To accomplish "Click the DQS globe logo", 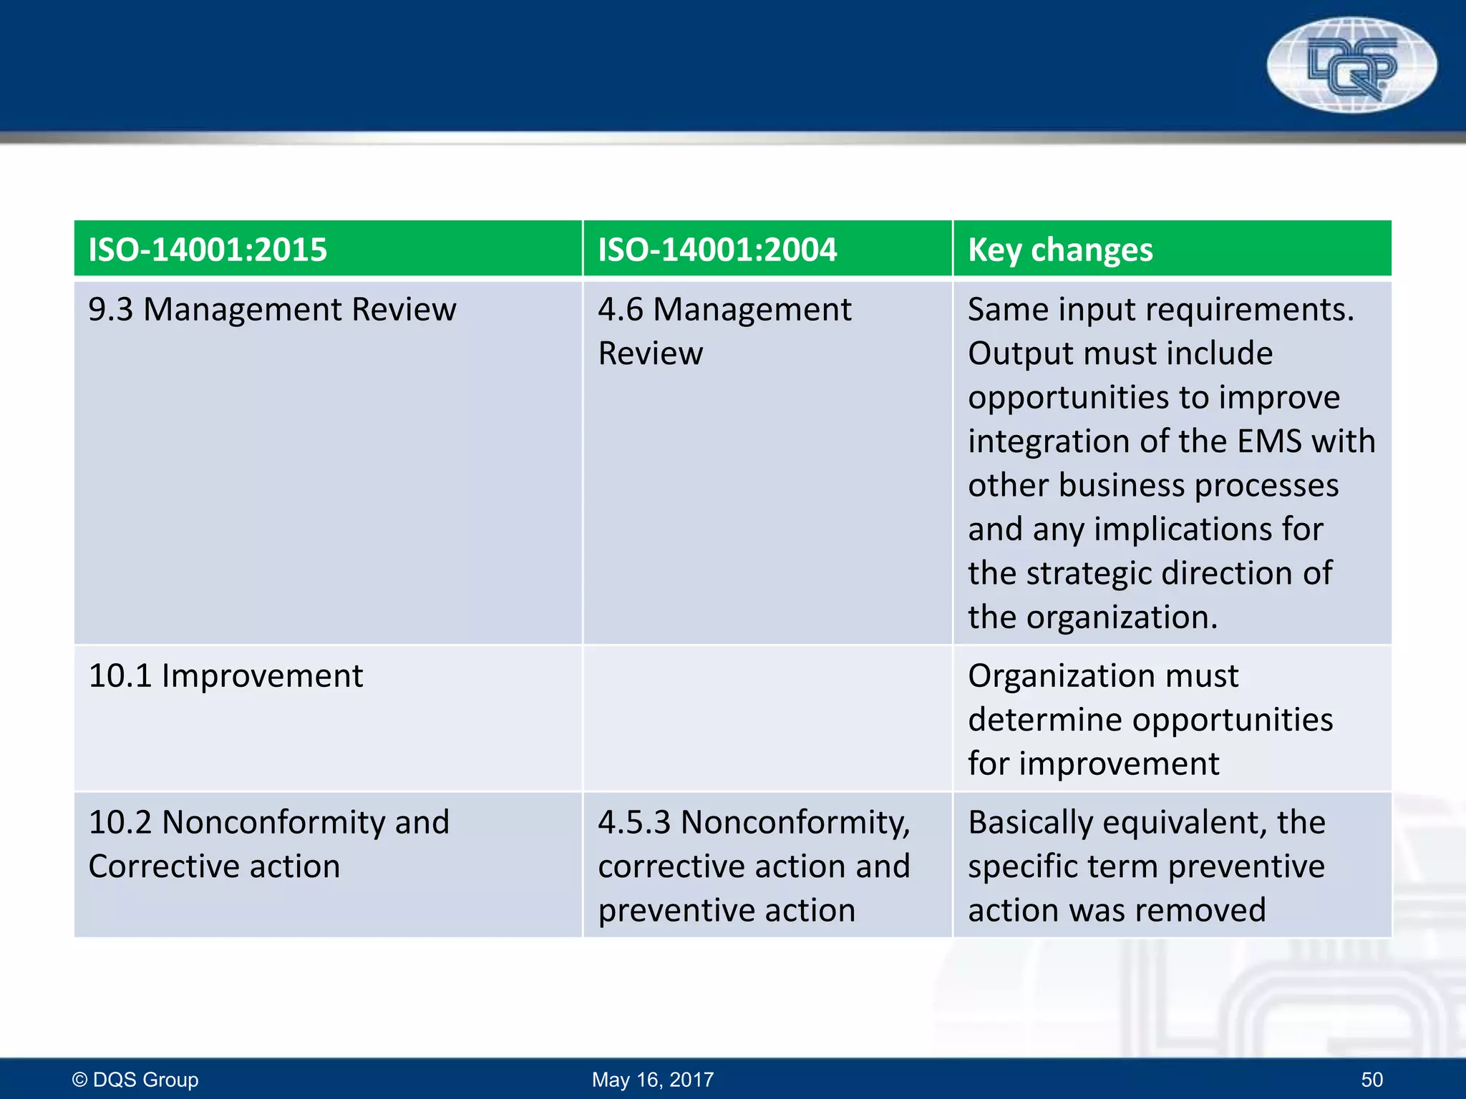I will click(1351, 66).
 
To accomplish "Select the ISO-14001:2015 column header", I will click(208, 250).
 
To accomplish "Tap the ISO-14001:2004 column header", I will click(717, 250).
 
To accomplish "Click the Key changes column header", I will click(1060, 250).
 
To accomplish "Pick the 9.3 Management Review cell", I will click(272, 310).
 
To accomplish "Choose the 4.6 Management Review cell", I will click(724, 331).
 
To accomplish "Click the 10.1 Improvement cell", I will click(225, 676).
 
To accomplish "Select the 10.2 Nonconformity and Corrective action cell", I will click(268, 844).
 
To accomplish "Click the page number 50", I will click(1372, 1079).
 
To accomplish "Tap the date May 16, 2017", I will click(653, 1079).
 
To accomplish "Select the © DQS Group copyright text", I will click(135, 1079).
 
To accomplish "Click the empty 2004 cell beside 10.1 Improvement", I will click(767, 718).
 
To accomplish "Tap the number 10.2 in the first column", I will click(120, 822).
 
